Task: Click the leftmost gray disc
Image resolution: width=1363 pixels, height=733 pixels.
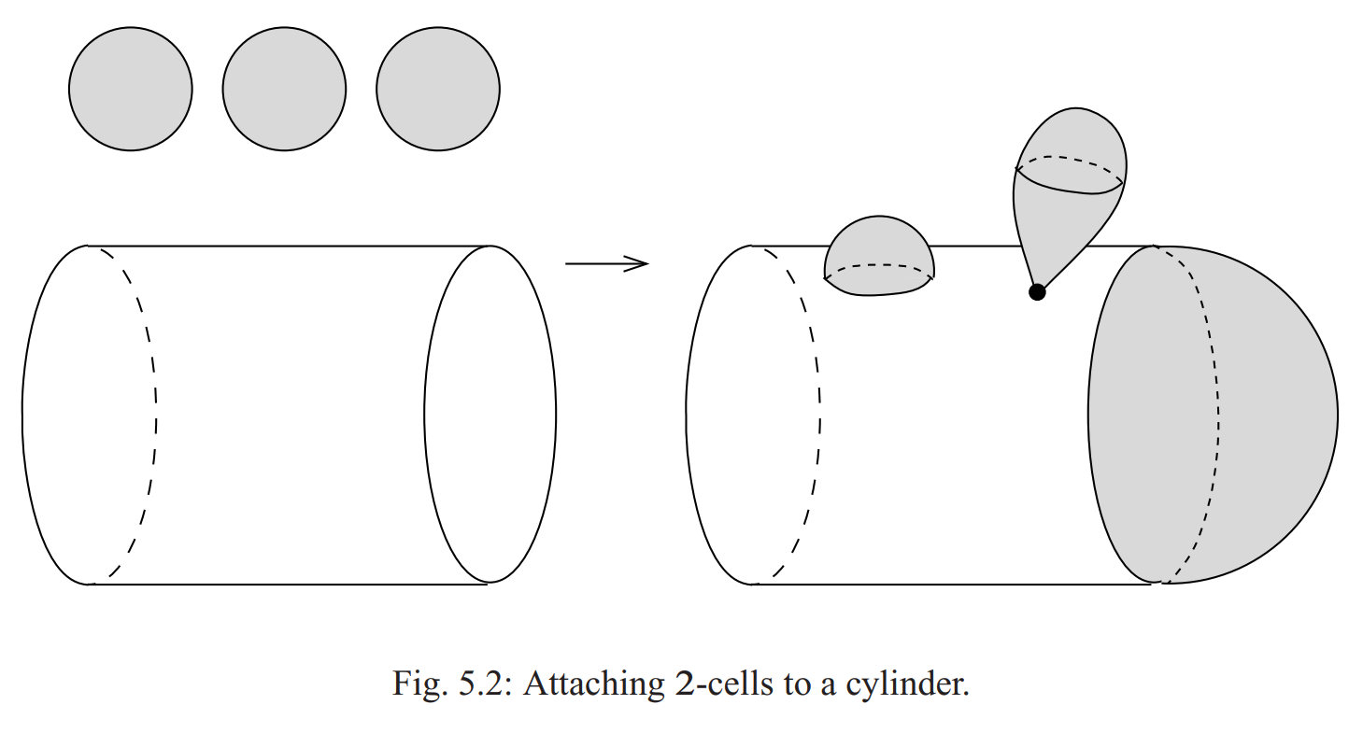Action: tap(131, 90)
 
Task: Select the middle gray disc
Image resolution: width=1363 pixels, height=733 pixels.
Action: tap(284, 90)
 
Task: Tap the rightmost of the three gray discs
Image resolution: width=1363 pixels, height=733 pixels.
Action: tap(438, 90)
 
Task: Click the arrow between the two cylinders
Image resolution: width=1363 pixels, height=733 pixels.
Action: tap(606, 264)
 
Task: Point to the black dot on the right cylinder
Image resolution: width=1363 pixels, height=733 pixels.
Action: tap(1036, 292)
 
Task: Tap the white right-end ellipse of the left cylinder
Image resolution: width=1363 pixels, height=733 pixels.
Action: tap(490, 415)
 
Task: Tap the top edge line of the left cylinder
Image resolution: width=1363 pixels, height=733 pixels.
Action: tap(290, 247)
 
